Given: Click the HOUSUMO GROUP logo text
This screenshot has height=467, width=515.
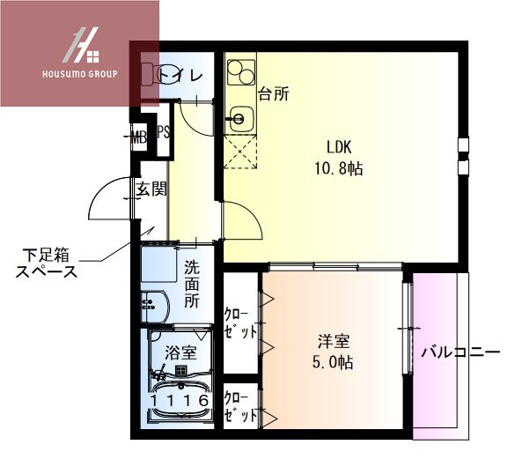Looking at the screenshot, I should pyautogui.click(x=78, y=73).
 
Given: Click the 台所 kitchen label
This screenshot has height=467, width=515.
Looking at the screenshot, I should pyautogui.click(x=274, y=92).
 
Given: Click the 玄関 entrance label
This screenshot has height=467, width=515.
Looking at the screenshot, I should pyautogui.click(x=151, y=188).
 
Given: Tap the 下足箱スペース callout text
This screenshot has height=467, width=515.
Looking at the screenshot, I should pyautogui.click(x=47, y=263).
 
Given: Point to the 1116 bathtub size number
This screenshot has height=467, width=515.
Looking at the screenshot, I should pyautogui.click(x=180, y=401).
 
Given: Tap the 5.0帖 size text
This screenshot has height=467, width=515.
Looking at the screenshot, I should pyautogui.click(x=336, y=361).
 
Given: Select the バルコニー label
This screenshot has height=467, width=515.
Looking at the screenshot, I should pyautogui.click(x=460, y=353).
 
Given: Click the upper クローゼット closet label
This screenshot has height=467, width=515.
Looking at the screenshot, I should pyautogui.click(x=240, y=323).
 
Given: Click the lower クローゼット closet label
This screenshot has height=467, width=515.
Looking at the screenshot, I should pyautogui.click(x=240, y=405).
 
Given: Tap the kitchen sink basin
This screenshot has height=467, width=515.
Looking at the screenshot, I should pyautogui.click(x=239, y=117).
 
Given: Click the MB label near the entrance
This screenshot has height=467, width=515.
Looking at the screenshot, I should pyautogui.click(x=139, y=136).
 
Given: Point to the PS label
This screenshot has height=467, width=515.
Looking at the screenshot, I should pyautogui.click(x=163, y=134).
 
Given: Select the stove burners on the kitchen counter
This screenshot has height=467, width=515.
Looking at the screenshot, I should pyautogui.click(x=239, y=70).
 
